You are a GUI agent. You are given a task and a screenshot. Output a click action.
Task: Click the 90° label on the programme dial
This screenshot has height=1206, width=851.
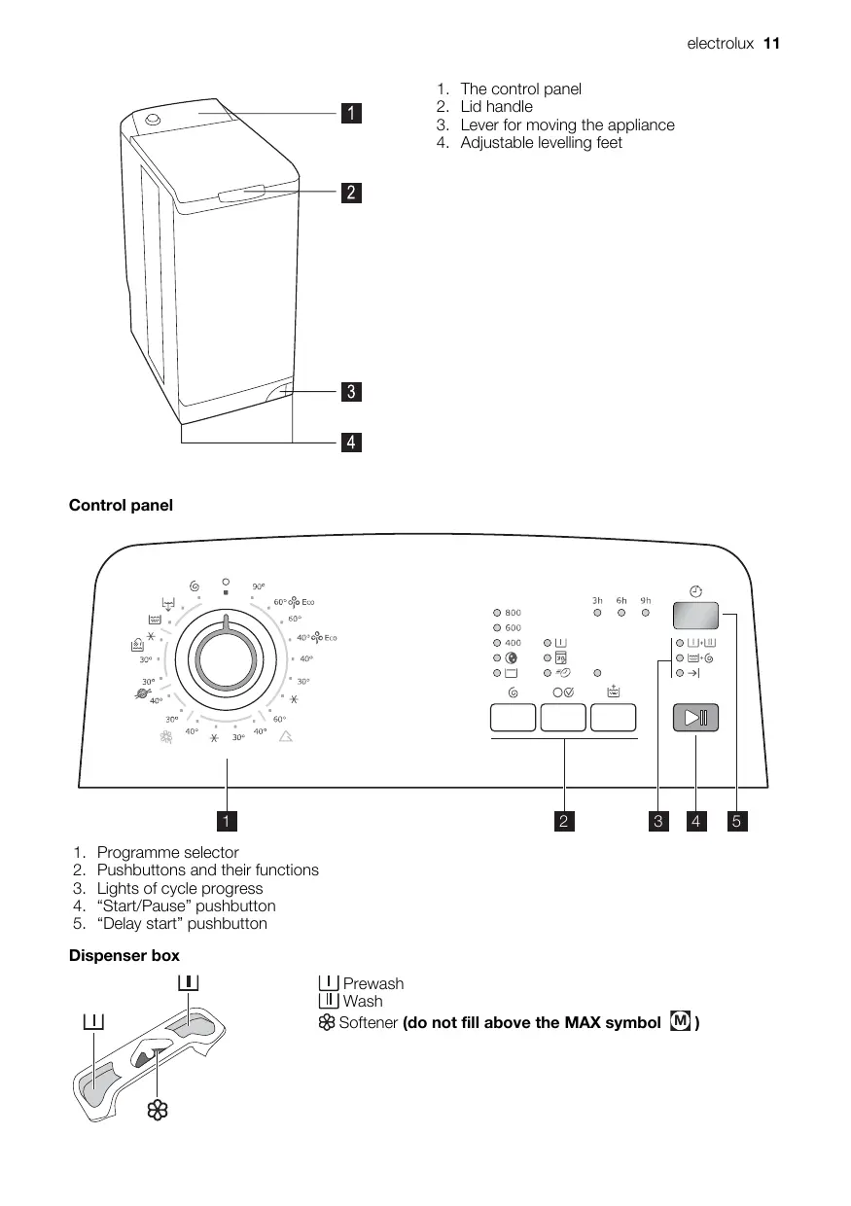[259, 586]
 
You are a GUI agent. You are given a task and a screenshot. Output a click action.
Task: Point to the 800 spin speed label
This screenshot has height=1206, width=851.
[513, 613]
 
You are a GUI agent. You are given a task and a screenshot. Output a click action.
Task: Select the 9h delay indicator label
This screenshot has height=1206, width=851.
[645, 600]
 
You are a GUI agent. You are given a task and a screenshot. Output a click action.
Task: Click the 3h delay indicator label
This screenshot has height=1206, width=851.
[597, 600]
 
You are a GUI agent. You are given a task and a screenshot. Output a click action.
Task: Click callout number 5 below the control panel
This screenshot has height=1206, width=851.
[736, 822]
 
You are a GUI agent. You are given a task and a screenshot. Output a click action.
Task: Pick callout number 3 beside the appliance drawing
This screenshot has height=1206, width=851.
[351, 393]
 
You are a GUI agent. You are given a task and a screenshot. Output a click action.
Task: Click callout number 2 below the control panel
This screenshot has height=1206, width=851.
[564, 822]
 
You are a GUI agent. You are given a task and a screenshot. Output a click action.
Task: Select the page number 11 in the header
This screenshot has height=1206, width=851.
[772, 44]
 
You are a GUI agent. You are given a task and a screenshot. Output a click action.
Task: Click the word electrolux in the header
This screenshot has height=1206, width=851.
[721, 44]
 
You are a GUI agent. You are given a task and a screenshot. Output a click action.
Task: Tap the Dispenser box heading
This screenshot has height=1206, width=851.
[124, 956]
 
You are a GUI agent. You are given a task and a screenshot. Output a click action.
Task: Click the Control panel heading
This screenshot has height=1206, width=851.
[121, 505]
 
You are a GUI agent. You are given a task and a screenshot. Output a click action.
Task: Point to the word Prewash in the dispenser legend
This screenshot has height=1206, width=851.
[372, 983]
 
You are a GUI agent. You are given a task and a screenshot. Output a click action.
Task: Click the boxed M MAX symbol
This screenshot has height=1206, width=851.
[681, 1022]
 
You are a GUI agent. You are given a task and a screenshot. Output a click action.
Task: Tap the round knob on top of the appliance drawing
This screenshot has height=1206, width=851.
[153, 120]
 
